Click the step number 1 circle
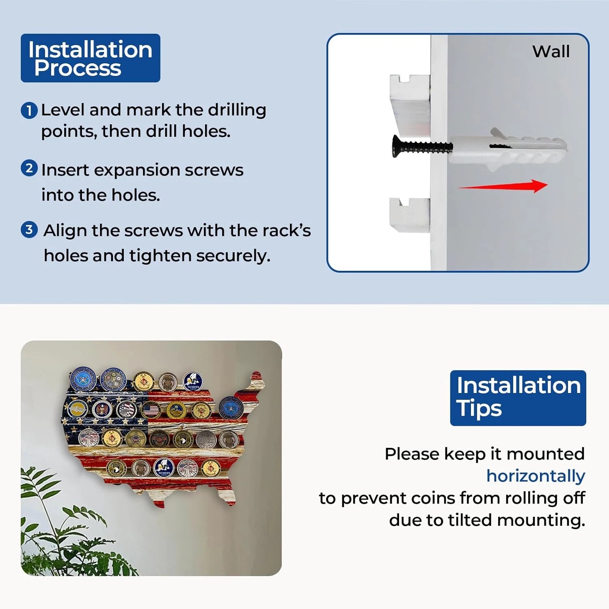tap(29, 110)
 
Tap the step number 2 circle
tap(29, 168)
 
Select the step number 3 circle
tap(29, 229)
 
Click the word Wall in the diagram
tap(551, 52)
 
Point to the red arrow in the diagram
tap(503, 186)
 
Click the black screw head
tap(396, 146)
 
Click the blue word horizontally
tap(536, 476)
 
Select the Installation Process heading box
tap(91, 58)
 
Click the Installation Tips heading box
tap(518, 398)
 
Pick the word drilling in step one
tap(237, 110)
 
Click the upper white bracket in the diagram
tap(410, 104)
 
